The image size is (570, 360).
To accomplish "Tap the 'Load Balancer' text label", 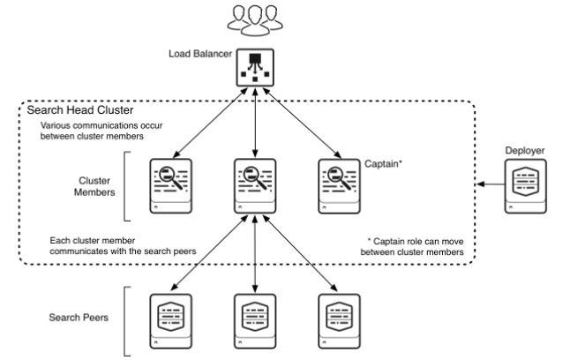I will tap(199, 55).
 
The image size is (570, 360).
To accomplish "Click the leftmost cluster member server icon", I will tap(169, 183).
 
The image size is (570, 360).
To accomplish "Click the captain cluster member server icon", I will tap(339, 183).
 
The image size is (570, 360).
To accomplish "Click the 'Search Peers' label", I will tap(79, 316).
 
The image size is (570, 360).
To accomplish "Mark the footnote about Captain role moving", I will tap(415, 246).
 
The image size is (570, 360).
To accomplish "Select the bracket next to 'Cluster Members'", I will tap(128, 185).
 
